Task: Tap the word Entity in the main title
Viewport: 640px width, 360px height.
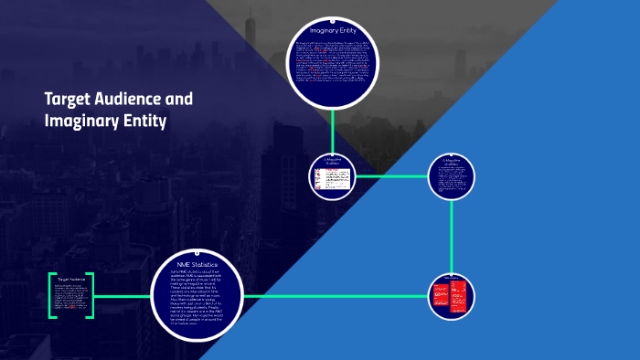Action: (x=149, y=120)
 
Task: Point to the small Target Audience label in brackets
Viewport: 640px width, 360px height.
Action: (x=70, y=280)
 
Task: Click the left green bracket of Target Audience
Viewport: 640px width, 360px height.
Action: (x=51, y=295)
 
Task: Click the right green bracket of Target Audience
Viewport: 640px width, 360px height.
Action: (x=91, y=295)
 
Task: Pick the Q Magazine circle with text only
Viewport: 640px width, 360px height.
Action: (x=452, y=175)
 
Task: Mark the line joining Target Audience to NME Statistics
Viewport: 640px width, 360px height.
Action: (x=121, y=296)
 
